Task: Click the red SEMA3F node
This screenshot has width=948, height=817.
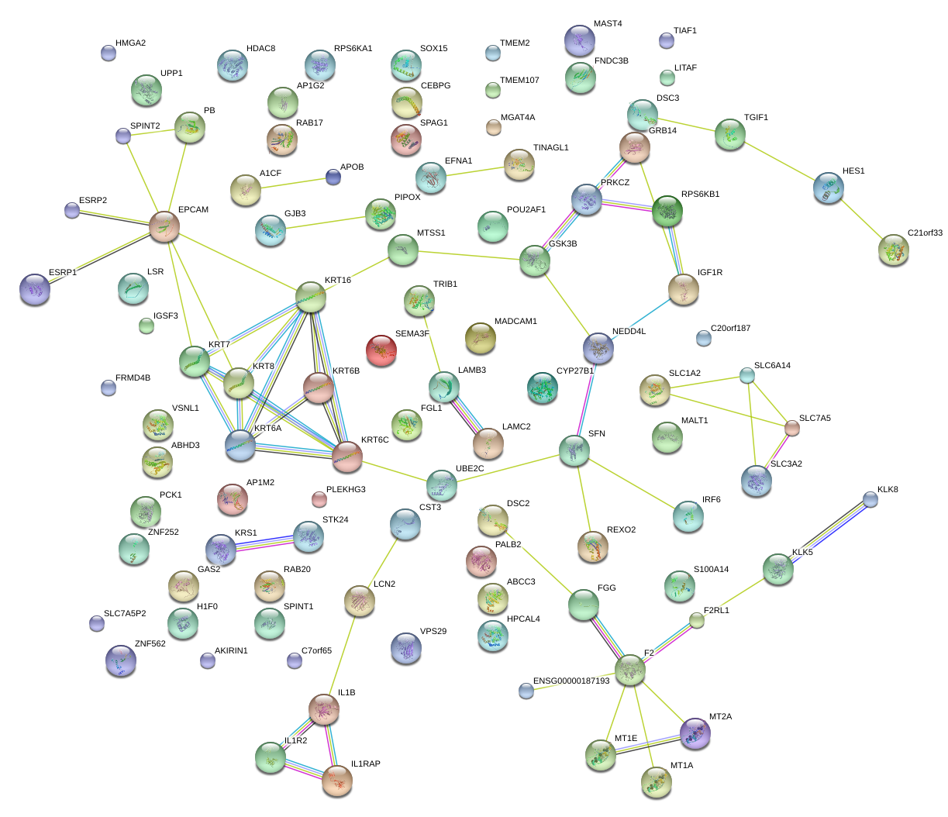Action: pos(381,350)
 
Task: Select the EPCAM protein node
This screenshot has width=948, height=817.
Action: pos(164,226)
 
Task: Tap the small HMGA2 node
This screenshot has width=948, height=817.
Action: pos(109,53)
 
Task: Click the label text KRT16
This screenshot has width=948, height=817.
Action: pos(338,280)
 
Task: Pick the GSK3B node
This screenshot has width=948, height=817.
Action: pos(535,260)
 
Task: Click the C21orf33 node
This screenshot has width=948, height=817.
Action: pos(894,250)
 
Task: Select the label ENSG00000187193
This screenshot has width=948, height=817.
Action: pos(571,681)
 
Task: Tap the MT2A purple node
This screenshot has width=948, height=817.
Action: pos(695,733)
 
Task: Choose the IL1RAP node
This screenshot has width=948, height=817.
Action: pos(337,780)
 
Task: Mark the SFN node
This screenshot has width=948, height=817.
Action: pos(574,450)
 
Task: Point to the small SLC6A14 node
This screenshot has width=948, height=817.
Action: pos(746,375)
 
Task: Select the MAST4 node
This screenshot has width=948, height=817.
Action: pos(579,40)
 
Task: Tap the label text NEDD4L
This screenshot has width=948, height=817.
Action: pos(629,332)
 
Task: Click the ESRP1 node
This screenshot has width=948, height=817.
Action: pos(34,288)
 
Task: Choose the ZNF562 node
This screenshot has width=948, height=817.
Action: pos(120,660)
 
